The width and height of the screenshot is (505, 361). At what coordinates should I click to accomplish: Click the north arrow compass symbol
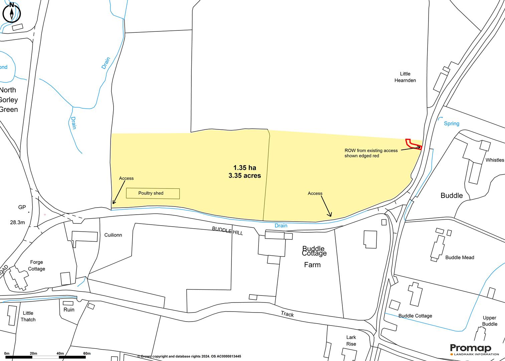tap(12, 13)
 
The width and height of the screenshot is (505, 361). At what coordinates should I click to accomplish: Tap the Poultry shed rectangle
tap(153, 193)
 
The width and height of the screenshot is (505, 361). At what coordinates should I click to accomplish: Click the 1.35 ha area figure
tap(244, 168)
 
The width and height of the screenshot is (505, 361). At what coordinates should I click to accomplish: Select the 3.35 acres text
tap(244, 175)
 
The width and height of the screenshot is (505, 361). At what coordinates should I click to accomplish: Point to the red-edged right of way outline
tap(413, 144)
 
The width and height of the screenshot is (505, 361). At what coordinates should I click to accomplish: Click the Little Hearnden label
tap(405, 77)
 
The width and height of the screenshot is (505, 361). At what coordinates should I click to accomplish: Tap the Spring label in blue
tap(451, 124)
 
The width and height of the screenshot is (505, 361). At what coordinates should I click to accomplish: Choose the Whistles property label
tap(494, 160)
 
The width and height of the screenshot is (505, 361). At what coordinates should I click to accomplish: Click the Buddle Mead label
tap(460, 257)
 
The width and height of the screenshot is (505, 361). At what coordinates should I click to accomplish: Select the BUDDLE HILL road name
tap(227, 231)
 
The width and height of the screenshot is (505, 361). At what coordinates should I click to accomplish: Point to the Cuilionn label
tap(113, 235)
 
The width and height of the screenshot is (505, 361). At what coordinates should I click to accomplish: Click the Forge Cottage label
tap(36, 265)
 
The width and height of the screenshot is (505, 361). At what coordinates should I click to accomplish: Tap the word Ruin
tap(69, 310)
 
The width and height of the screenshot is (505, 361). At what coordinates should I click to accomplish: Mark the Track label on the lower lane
tap(287, 314)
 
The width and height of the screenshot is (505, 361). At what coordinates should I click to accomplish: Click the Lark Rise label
tap(351, 341)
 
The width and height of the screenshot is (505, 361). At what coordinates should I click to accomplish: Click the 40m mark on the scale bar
tap(60, 353)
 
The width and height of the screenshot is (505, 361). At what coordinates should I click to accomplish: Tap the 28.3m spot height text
tap(17, 222)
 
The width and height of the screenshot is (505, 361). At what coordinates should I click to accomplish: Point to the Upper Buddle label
tap(490, 321)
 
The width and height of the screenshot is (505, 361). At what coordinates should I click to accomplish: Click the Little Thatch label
tap(28, 316)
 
